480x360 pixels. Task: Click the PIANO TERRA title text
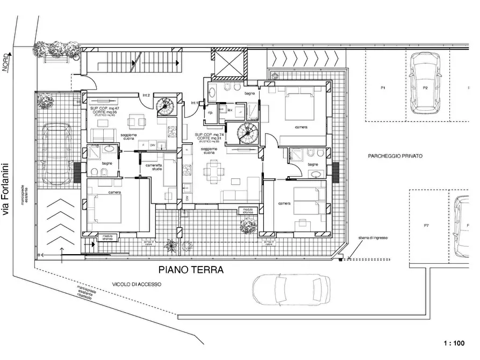click(x=190, y=269)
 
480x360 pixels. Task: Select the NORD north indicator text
click(x=5, y=63)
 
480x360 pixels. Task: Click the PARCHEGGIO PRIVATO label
click(x=395, y=156)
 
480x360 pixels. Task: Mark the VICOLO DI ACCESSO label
click(x=136, y=284)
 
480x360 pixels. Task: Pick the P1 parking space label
click(x=384, y=87)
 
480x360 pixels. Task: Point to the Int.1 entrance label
click(x=195, y=103)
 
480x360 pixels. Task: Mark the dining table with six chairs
click(x=213, y=172)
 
